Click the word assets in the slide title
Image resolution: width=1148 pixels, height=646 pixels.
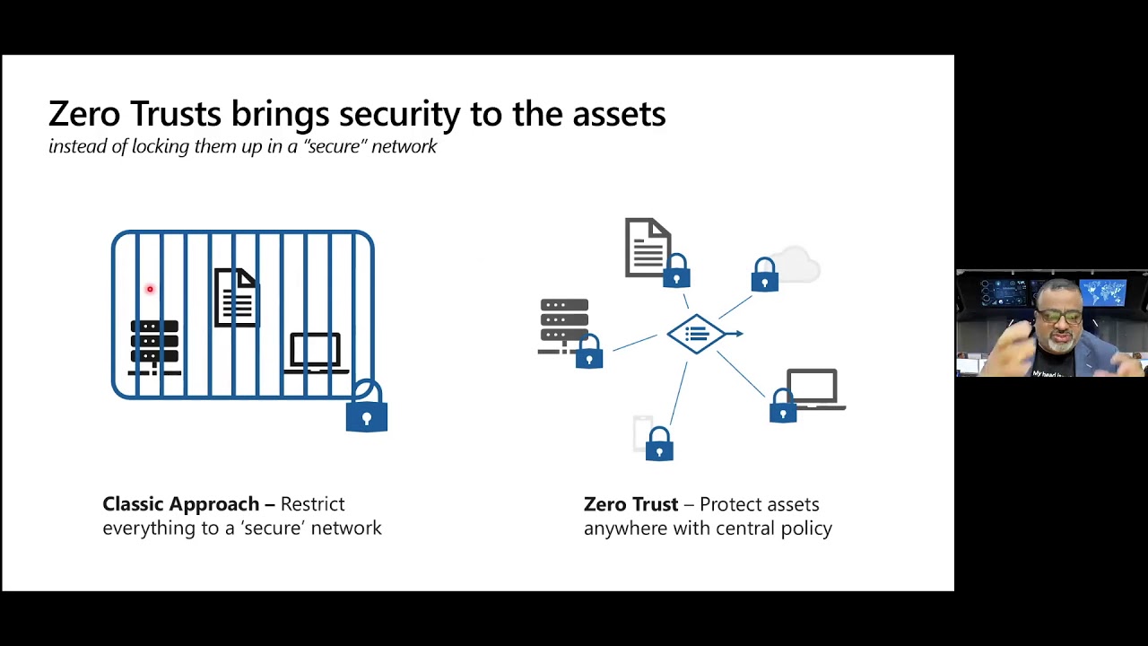pos(618,114)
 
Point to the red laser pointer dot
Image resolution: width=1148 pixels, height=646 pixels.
pos(150,289)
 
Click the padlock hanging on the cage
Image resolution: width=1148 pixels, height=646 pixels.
pos(367,411)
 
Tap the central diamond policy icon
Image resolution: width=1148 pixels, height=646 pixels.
pos(698,334)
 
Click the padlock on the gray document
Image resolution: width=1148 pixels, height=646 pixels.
pos(676,272)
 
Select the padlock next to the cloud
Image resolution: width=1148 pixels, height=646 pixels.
pos(765,276)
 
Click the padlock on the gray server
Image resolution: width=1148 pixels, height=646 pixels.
pos(589,353)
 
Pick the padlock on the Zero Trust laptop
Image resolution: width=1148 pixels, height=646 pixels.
pos(783,406)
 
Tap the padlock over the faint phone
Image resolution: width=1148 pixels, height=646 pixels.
pos(659,445)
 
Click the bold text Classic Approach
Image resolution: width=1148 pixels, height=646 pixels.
pos(180,504)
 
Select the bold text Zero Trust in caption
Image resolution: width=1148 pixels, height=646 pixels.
pos(631,504)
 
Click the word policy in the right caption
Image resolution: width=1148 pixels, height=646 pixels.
pos(804,528)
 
